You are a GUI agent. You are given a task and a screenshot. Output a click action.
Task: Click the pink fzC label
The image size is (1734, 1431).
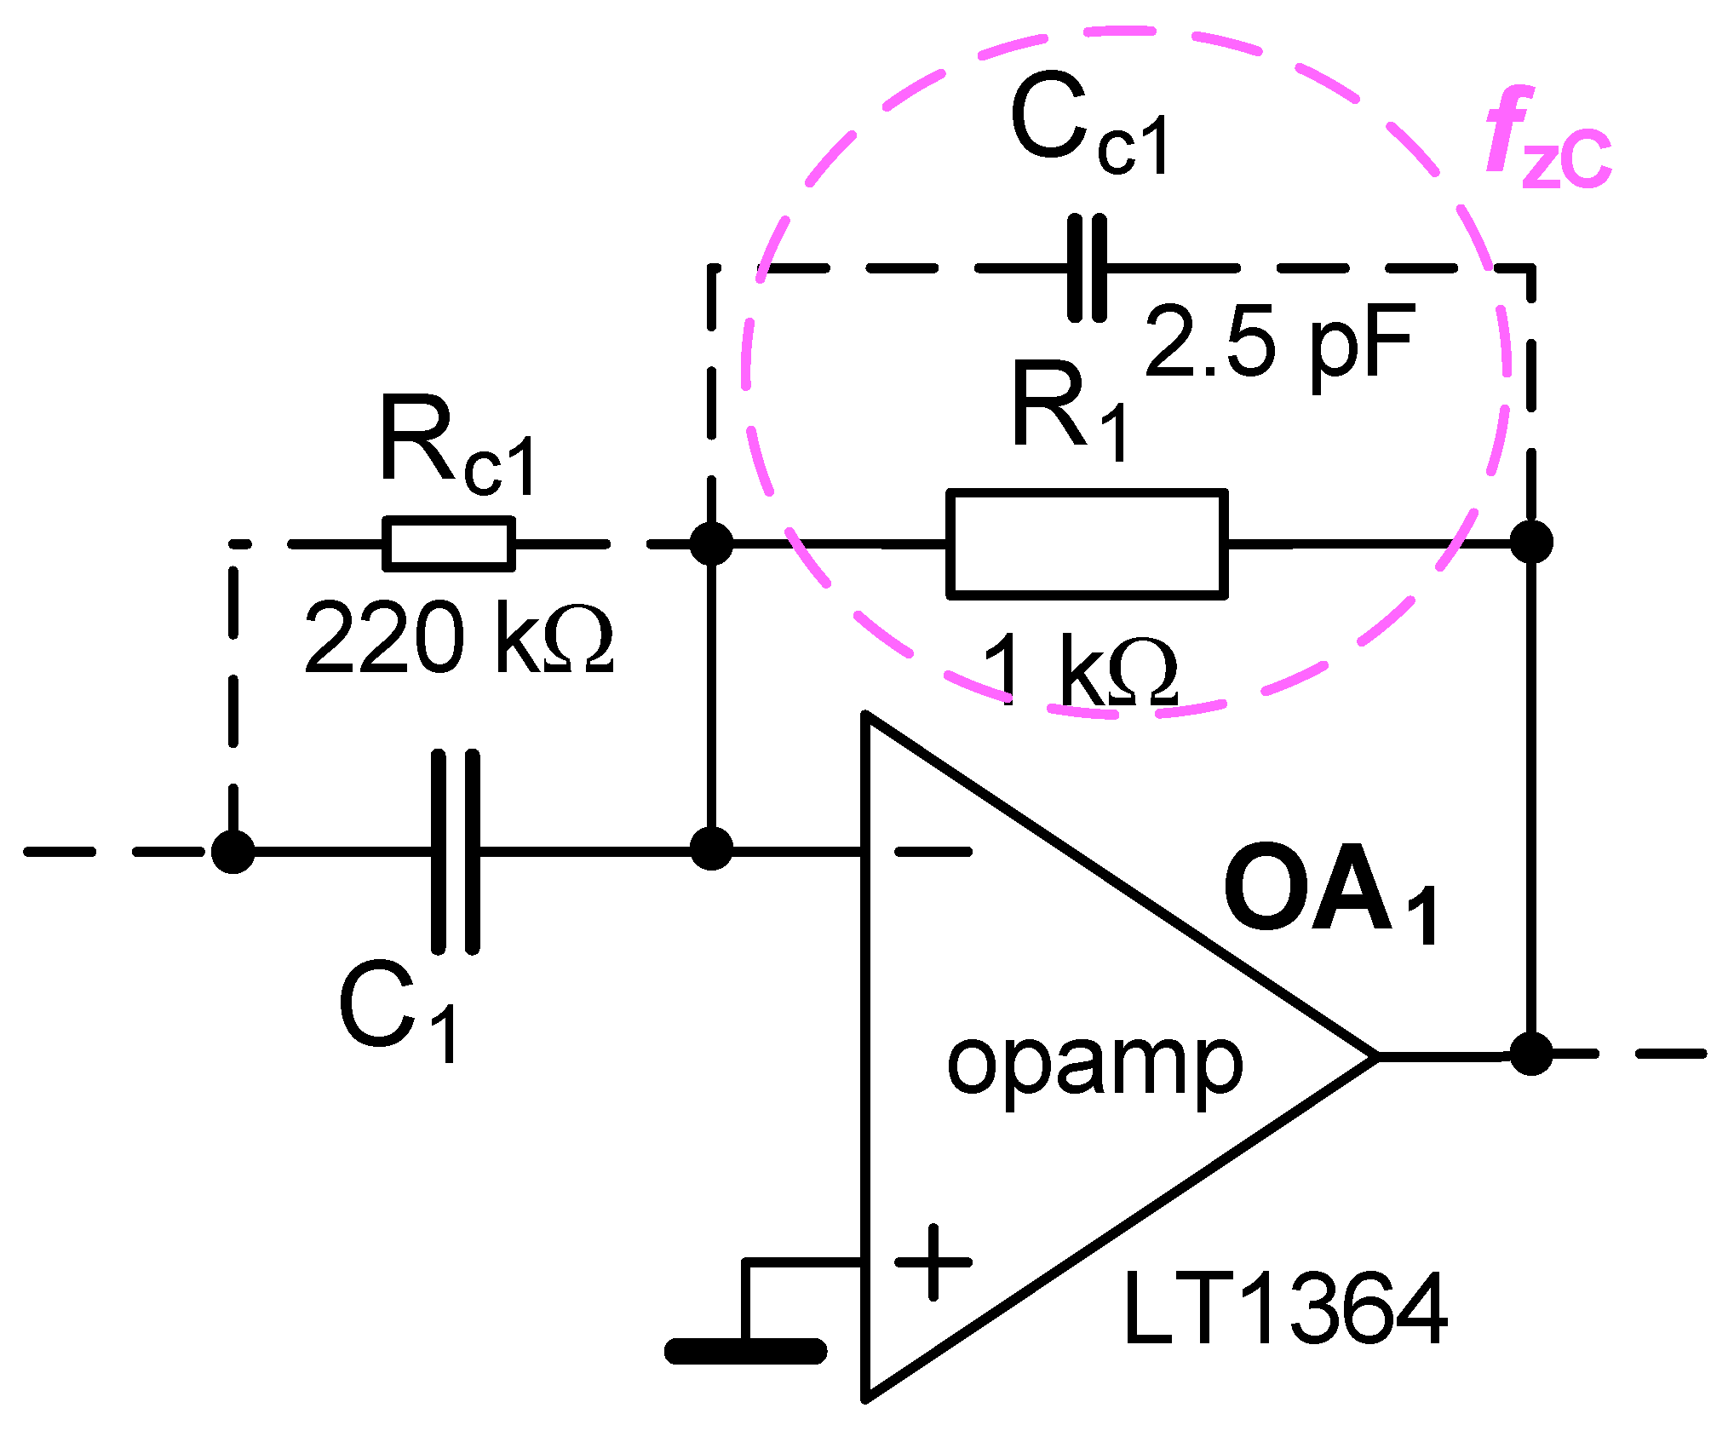tap(1546, 141)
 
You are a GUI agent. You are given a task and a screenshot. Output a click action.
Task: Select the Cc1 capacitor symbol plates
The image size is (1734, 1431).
tap(1087, 268)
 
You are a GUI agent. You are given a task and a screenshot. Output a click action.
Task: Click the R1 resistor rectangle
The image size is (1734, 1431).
tap(1087, 544)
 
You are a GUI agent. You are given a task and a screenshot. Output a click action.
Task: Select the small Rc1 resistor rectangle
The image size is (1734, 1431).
tap(449, 543)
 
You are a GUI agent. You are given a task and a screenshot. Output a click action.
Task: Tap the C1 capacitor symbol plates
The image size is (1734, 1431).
tap(456, 851)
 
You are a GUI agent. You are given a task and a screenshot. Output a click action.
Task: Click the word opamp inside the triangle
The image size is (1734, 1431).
tap(1094, 1065)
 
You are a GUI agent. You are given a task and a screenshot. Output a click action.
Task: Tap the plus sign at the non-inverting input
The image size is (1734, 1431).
tap(933, 1262)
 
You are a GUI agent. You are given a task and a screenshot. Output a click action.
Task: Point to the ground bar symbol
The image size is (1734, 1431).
tap(745, 1351)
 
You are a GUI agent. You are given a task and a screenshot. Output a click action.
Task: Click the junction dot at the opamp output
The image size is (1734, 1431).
tap(1530, 1054)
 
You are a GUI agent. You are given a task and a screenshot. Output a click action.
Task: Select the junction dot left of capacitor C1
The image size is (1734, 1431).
tap(233, 851)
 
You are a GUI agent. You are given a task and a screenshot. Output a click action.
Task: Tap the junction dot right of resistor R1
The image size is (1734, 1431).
tap(1530, 542)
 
